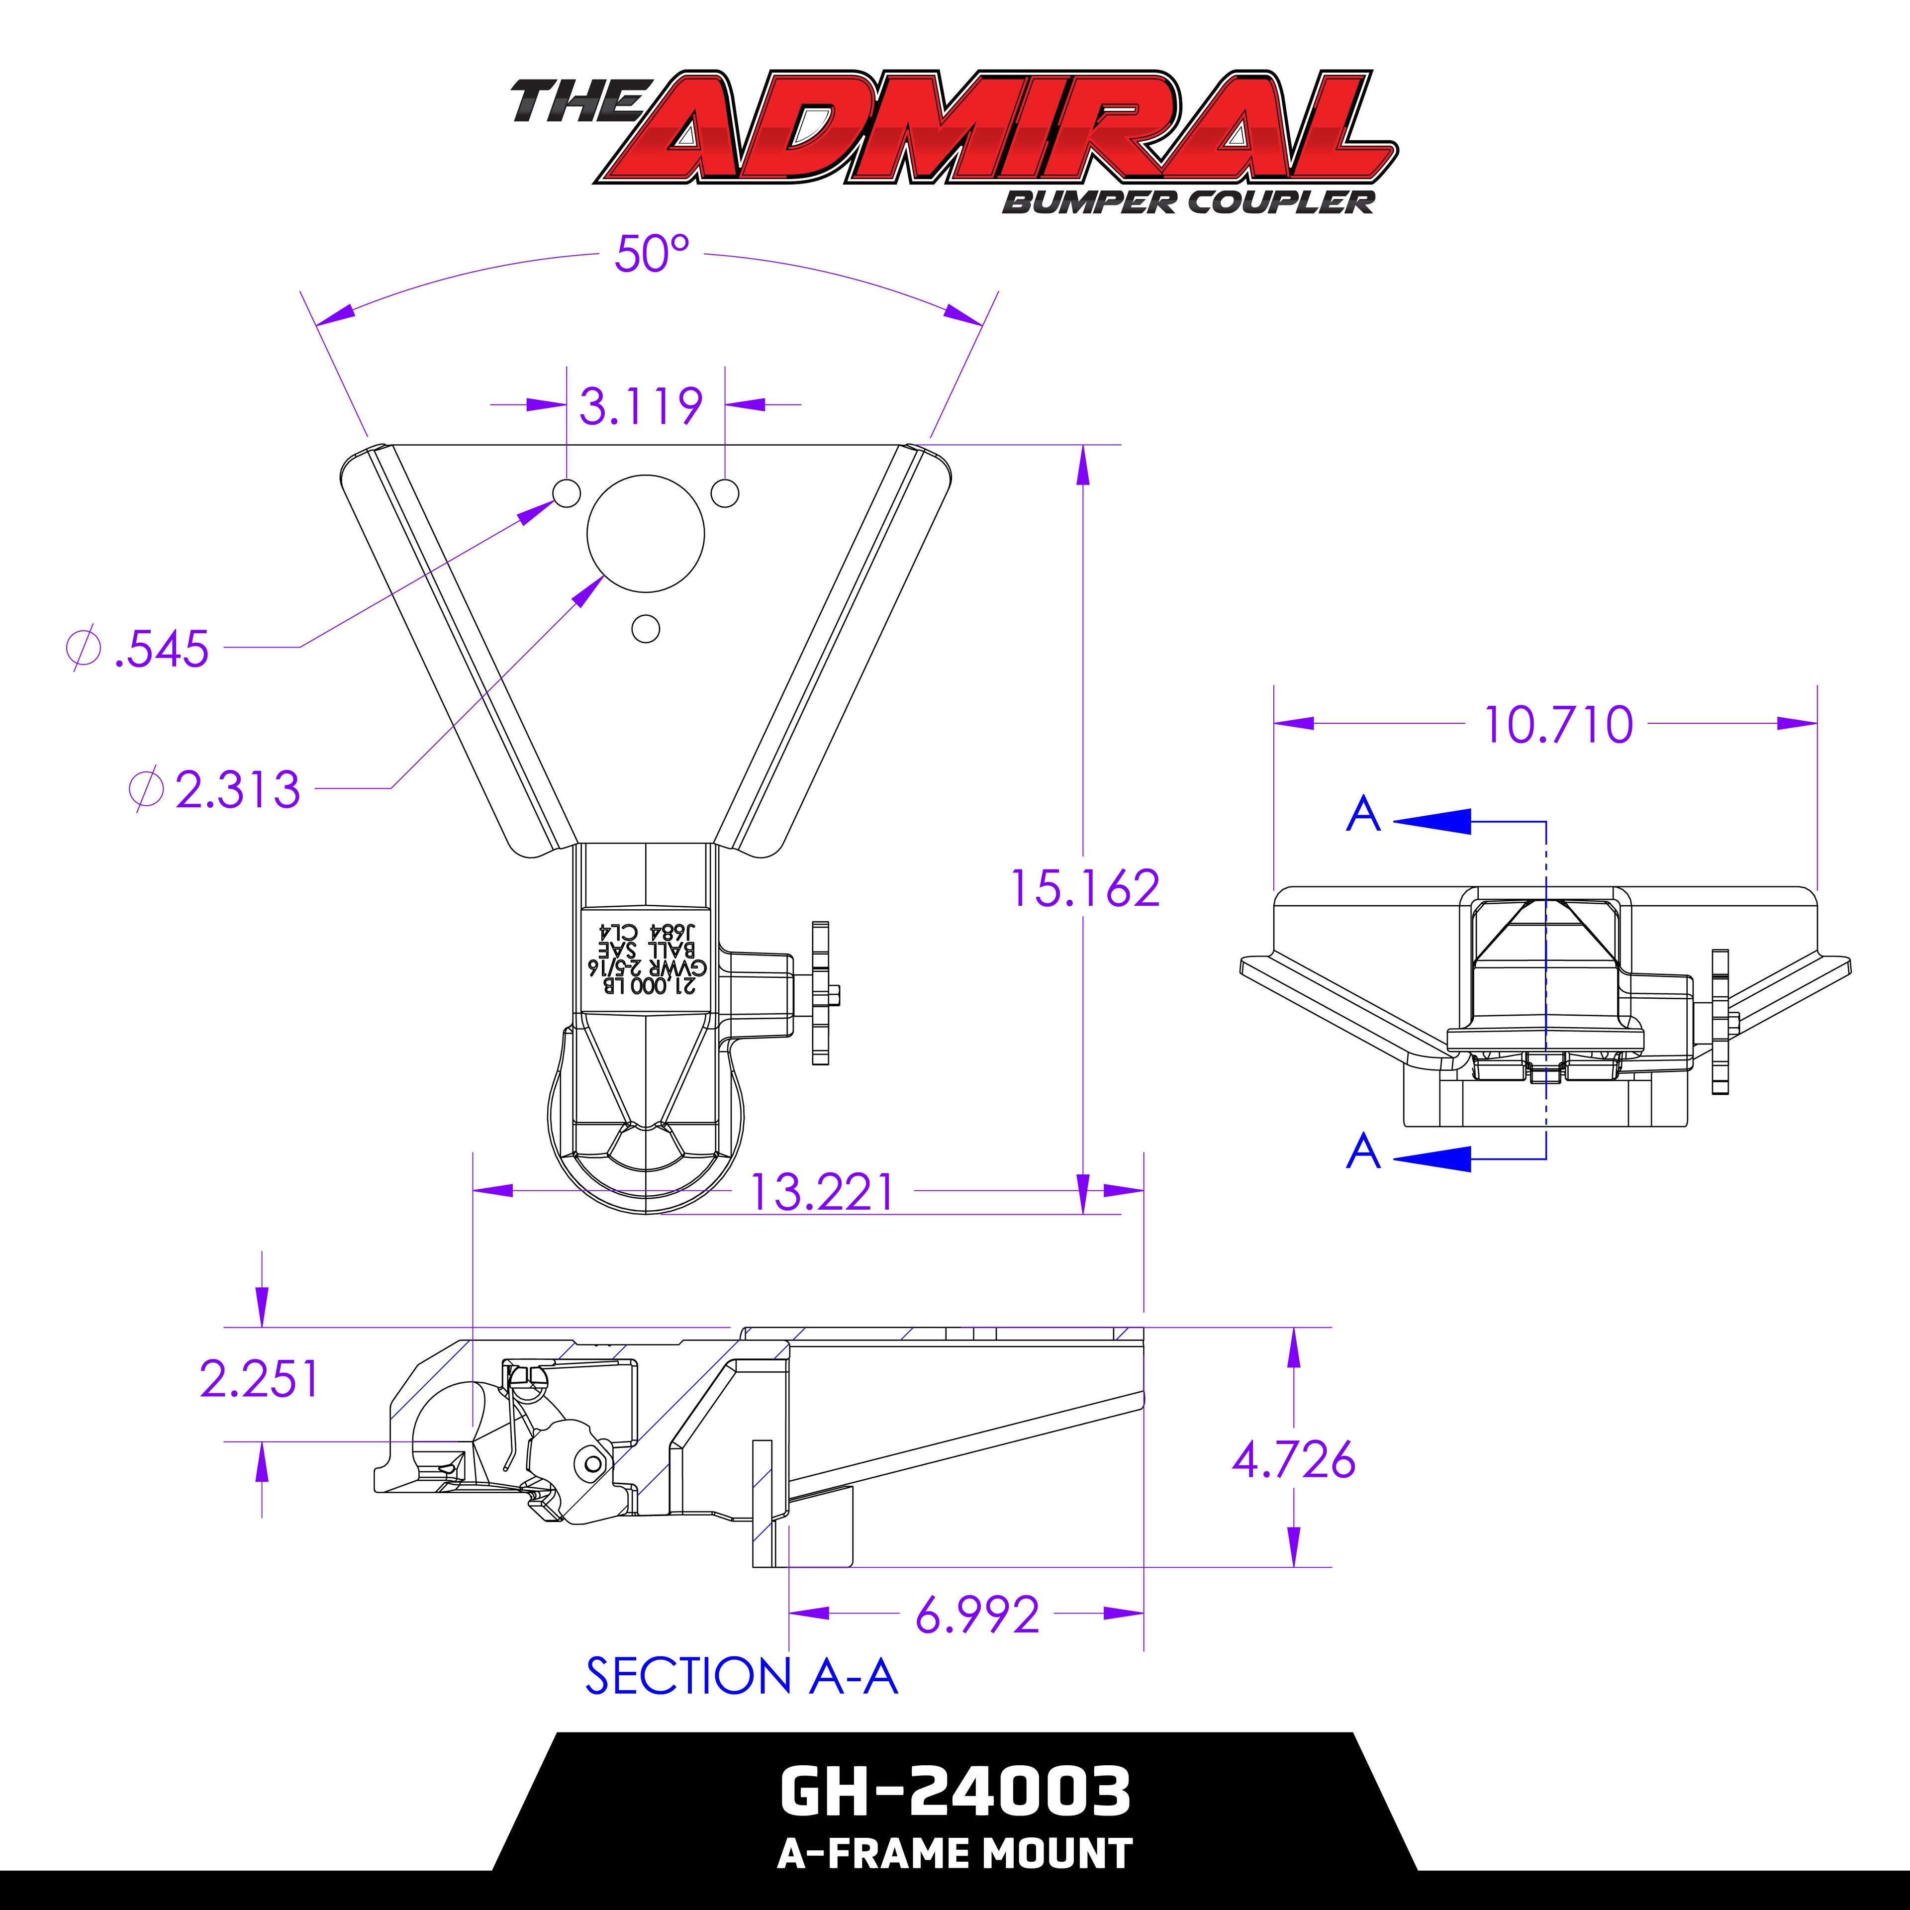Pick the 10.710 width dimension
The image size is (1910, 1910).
point(1558,725)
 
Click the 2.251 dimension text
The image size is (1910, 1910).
point(259,1379)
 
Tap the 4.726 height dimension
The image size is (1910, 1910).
point(1293,1460)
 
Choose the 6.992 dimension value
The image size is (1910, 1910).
point(977,1616)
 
